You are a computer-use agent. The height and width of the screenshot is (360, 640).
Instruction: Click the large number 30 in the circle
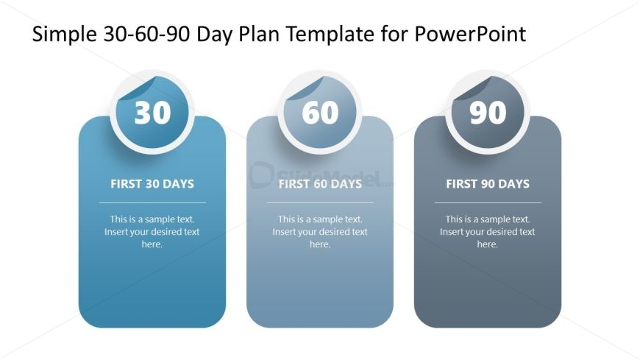152,113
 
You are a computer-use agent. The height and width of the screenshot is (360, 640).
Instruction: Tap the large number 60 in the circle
321,113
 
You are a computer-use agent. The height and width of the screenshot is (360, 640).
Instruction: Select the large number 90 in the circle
488,113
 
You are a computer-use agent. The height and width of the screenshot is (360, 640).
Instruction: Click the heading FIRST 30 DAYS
152,184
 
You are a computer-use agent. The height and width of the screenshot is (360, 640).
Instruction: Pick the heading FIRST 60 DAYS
321,184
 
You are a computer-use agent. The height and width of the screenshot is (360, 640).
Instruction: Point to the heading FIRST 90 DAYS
488,184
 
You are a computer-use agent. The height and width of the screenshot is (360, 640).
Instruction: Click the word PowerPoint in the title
470,34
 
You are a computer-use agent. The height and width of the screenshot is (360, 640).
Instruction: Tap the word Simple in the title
65,35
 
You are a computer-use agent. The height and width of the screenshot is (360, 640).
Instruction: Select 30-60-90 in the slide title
146,34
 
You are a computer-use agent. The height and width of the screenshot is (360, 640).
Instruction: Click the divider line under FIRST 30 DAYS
152,202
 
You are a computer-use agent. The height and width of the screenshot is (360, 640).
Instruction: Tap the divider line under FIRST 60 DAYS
321,202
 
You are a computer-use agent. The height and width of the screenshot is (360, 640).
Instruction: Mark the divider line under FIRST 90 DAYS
488,202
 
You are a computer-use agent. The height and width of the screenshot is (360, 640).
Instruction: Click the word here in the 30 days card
151,244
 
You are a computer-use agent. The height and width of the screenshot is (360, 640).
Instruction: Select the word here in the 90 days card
486,244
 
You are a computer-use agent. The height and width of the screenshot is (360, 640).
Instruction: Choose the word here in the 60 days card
319,244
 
